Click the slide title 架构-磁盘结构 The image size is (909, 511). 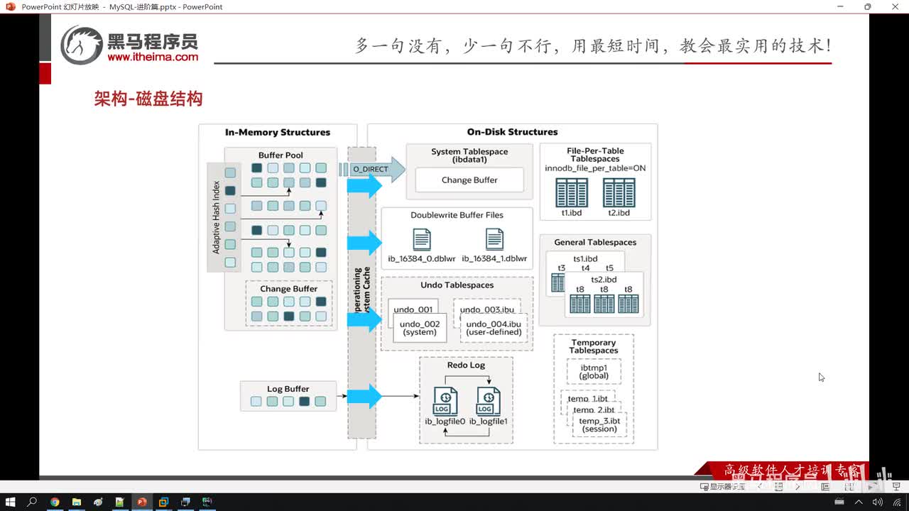point(148,99)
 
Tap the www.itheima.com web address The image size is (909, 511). point(153,57)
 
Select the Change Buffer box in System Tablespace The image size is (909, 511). point(469,180)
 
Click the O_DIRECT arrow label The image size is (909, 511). point(371,169)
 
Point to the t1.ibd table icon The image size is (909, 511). point(572,192)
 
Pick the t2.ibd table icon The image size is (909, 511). point(619,192)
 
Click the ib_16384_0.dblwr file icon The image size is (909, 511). point(422,239)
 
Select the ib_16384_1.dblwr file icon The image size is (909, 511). point(494,239)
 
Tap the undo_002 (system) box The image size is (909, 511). point(421,328)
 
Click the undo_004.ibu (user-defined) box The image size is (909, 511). point(494,328)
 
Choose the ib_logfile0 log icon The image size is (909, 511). point(445,402)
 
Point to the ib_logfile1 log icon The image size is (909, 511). point(488,402)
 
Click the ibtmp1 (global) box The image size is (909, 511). point(594,371)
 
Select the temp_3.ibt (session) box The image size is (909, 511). point(599,424)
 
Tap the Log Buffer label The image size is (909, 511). point(288,389)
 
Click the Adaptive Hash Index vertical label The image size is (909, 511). point(217,217)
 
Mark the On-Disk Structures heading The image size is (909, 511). point(512,132)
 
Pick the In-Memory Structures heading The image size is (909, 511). point(278,132)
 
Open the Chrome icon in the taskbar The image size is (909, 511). point(55,502)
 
